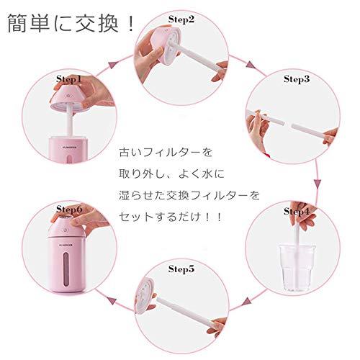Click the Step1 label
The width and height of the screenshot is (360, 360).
pos(69,79)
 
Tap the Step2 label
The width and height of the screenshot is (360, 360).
pos(181,19)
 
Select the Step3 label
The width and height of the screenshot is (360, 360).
pos(297,79)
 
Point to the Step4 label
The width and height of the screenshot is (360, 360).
pos(297,212)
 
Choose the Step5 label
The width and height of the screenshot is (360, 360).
pos(181,269)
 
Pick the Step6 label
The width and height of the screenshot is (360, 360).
pos(69,210)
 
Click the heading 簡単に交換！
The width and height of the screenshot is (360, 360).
pos(71,23)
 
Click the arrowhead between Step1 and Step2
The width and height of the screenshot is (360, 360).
pos(113,64)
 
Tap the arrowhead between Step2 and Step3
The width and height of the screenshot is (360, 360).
pos(251,65)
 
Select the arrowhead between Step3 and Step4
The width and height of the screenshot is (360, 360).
pos(318,184)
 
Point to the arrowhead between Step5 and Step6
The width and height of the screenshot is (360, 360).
pos(111,300)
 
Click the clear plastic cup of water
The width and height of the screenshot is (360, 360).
pos(297,267)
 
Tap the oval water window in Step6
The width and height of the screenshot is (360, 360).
pos(66,269)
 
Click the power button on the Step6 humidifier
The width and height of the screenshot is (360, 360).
pos(66,230)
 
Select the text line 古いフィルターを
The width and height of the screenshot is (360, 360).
pos(166,152)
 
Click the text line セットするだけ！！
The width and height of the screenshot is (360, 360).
pos(170,217)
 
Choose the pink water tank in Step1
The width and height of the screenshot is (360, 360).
pos(68,149)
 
